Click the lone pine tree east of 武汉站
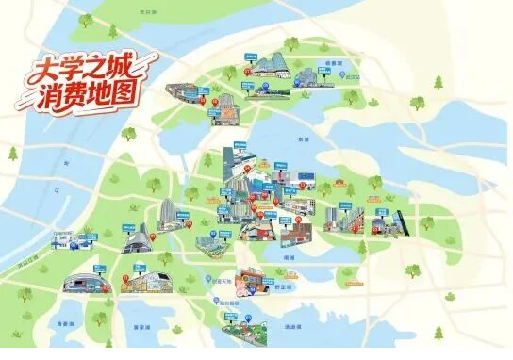click(439, 82)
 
